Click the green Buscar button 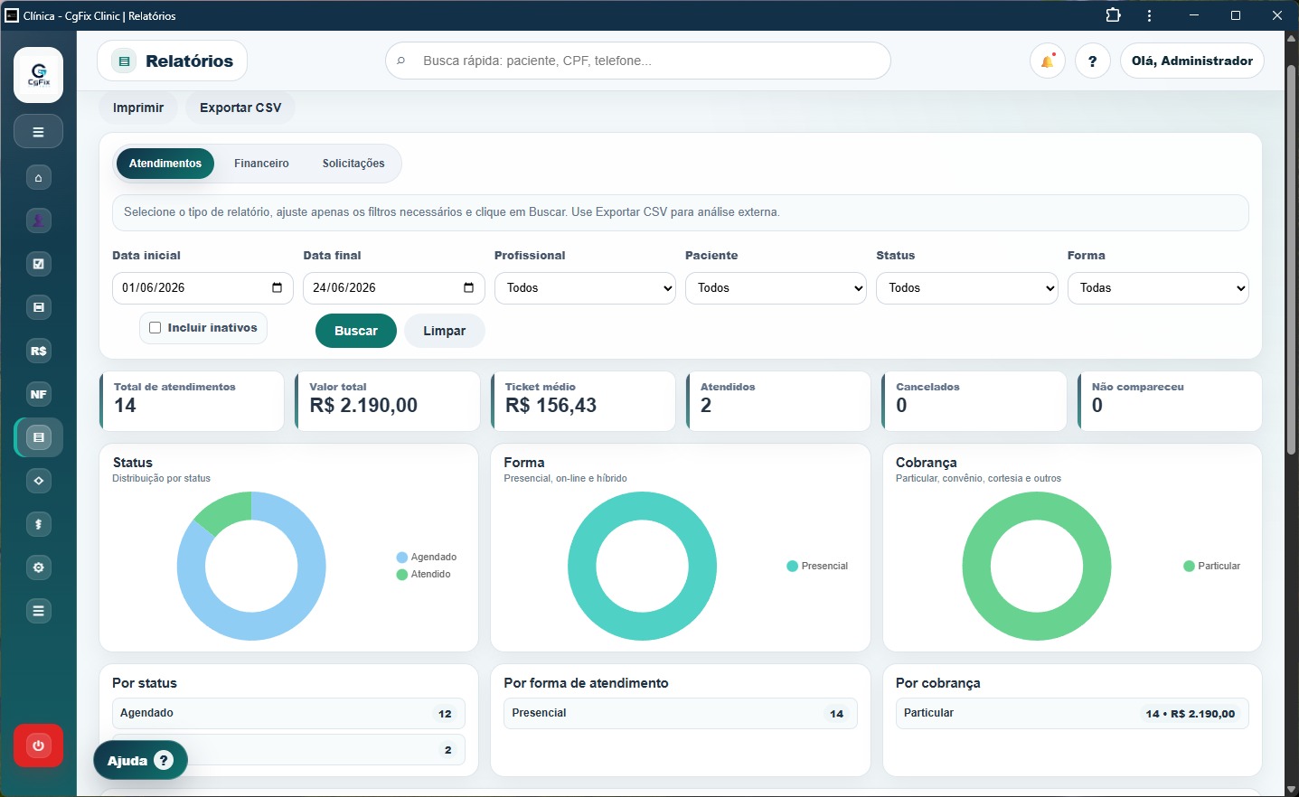click(x=355, y=331)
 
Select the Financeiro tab click(x=261, y=164)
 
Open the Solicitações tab click(x=353, y=164)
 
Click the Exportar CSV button click(x=240, y=108)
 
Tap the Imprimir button click(x=138, y=108)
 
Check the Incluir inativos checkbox click(x=155, y=328)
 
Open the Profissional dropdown click(x=585, y=288)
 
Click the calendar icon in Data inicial click(x=278, y=287)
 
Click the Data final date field click(x=393, y=288)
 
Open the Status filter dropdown click(x=966, y=288)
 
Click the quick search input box click(x=638, y=61)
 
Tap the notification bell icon click(x=1048, y=61)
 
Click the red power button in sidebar click(x=38, y=745)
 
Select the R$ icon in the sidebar click(x=38, y=351)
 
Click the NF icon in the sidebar click(x=38, y=394)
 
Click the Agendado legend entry click(x=427, y=557)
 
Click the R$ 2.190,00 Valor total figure click(x=363, y=405)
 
